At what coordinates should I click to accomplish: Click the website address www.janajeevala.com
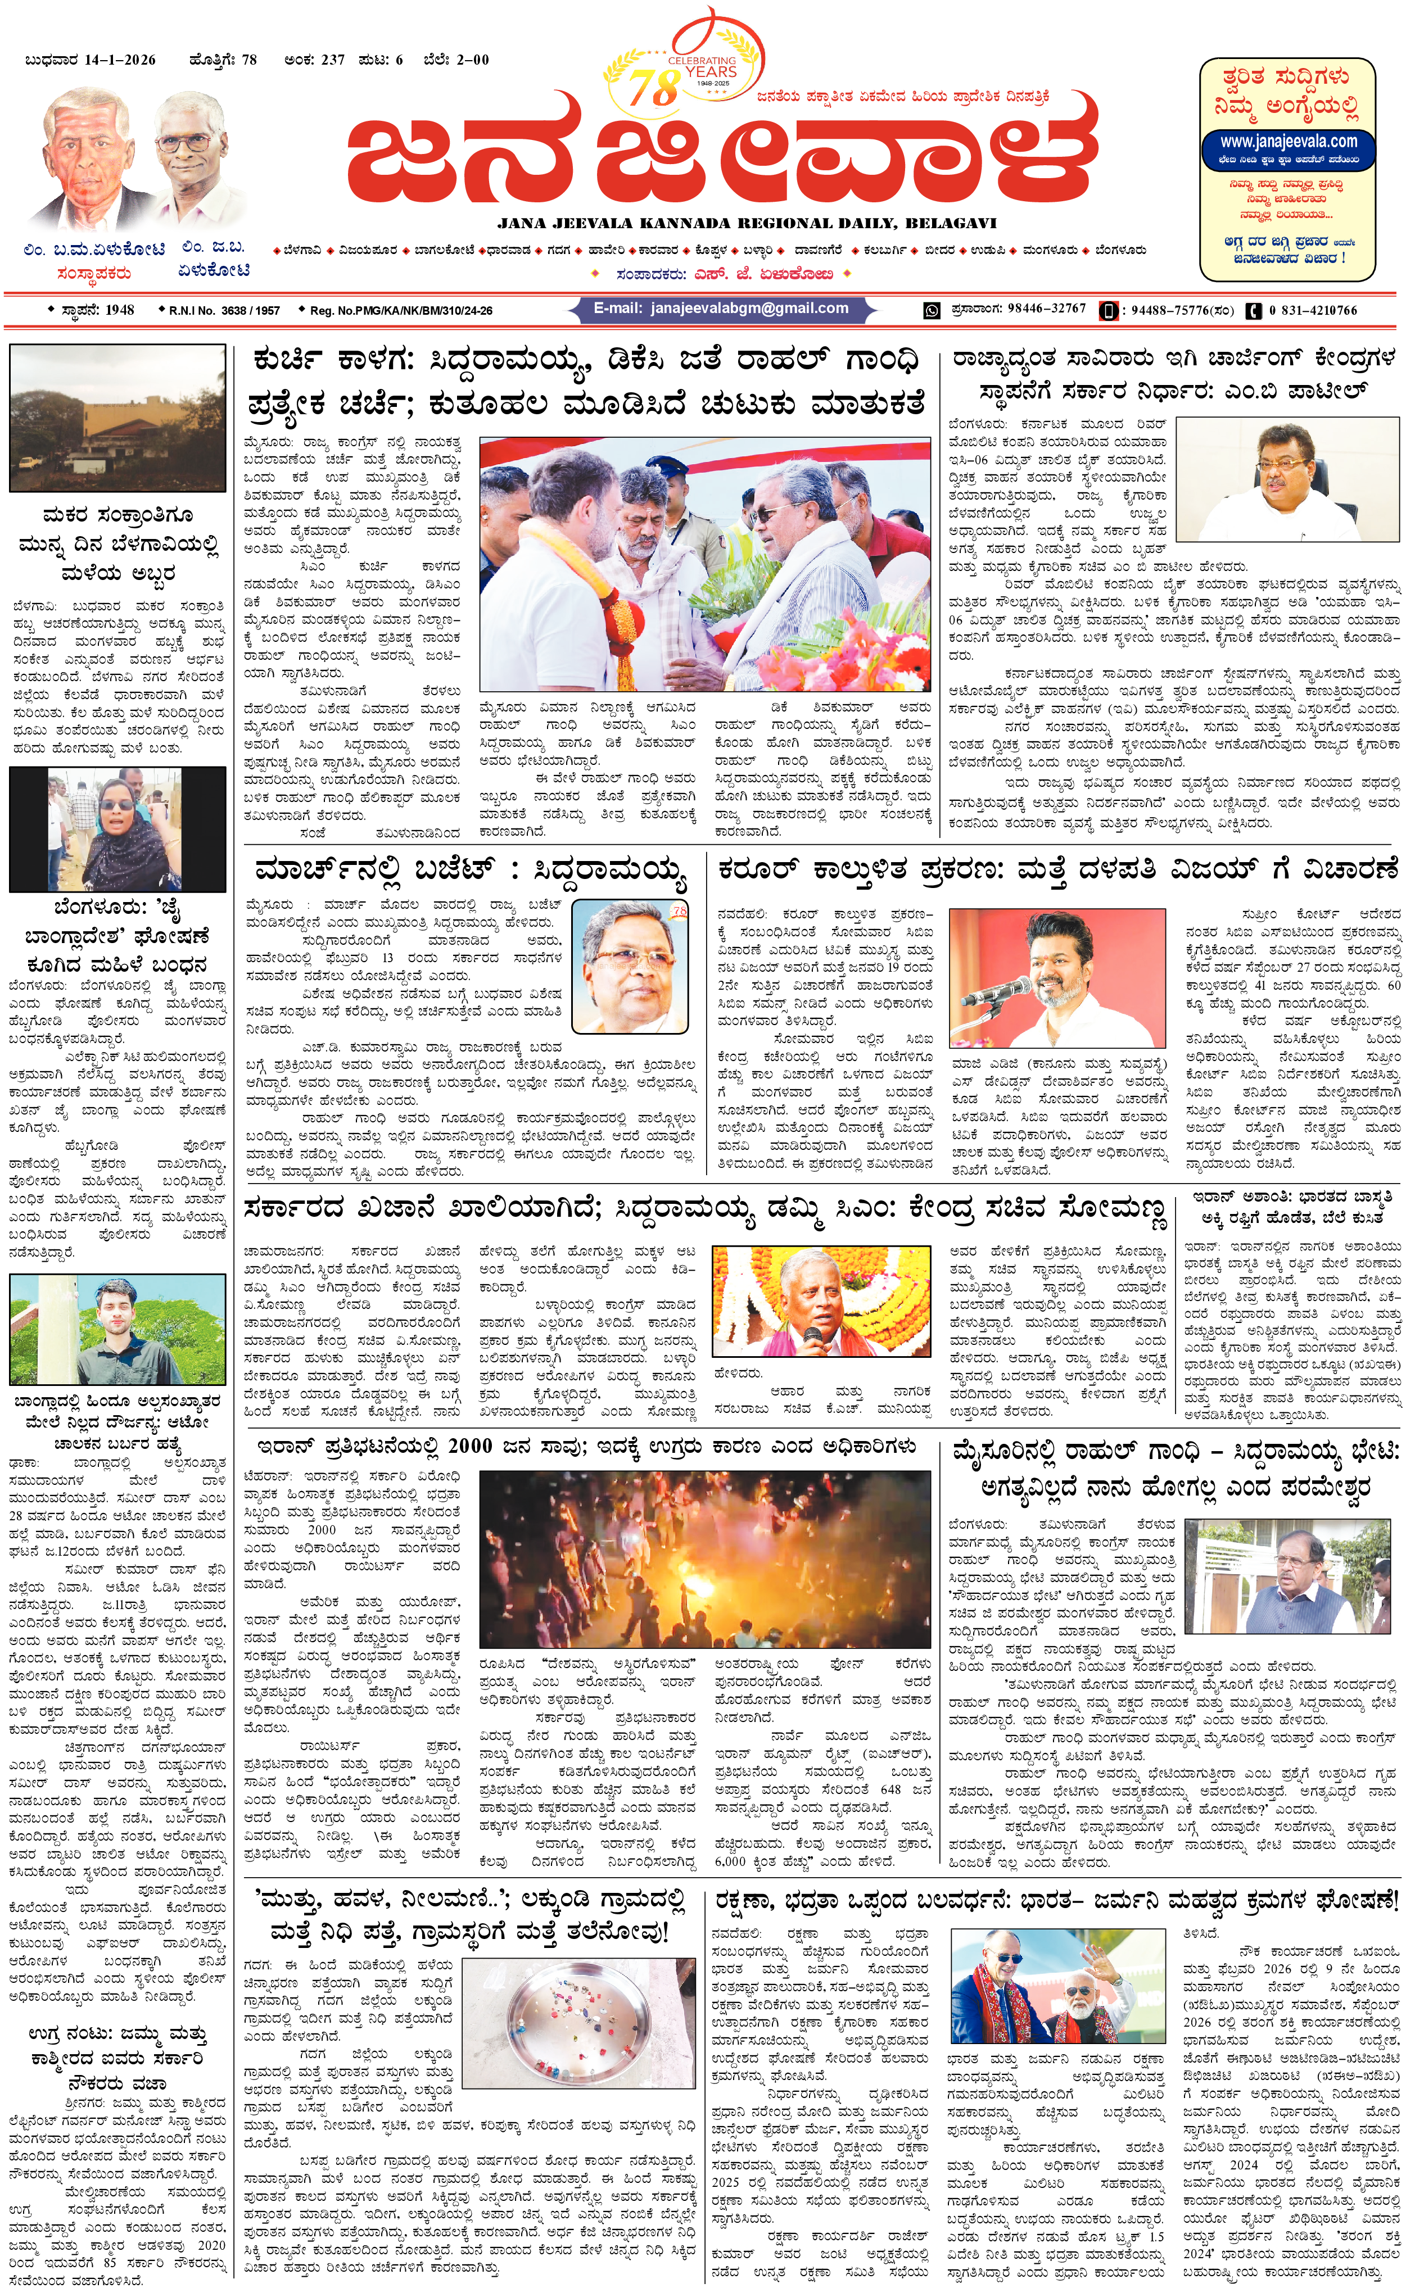tap(1288, 142)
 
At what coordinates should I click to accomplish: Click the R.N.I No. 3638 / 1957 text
tap(224, 311)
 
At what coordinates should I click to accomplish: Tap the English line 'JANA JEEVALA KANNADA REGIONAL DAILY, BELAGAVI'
tap(746, 223)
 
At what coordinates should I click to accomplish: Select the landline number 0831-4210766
tap(1312, 311)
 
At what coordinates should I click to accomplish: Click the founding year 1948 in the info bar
tap(119, 311)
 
